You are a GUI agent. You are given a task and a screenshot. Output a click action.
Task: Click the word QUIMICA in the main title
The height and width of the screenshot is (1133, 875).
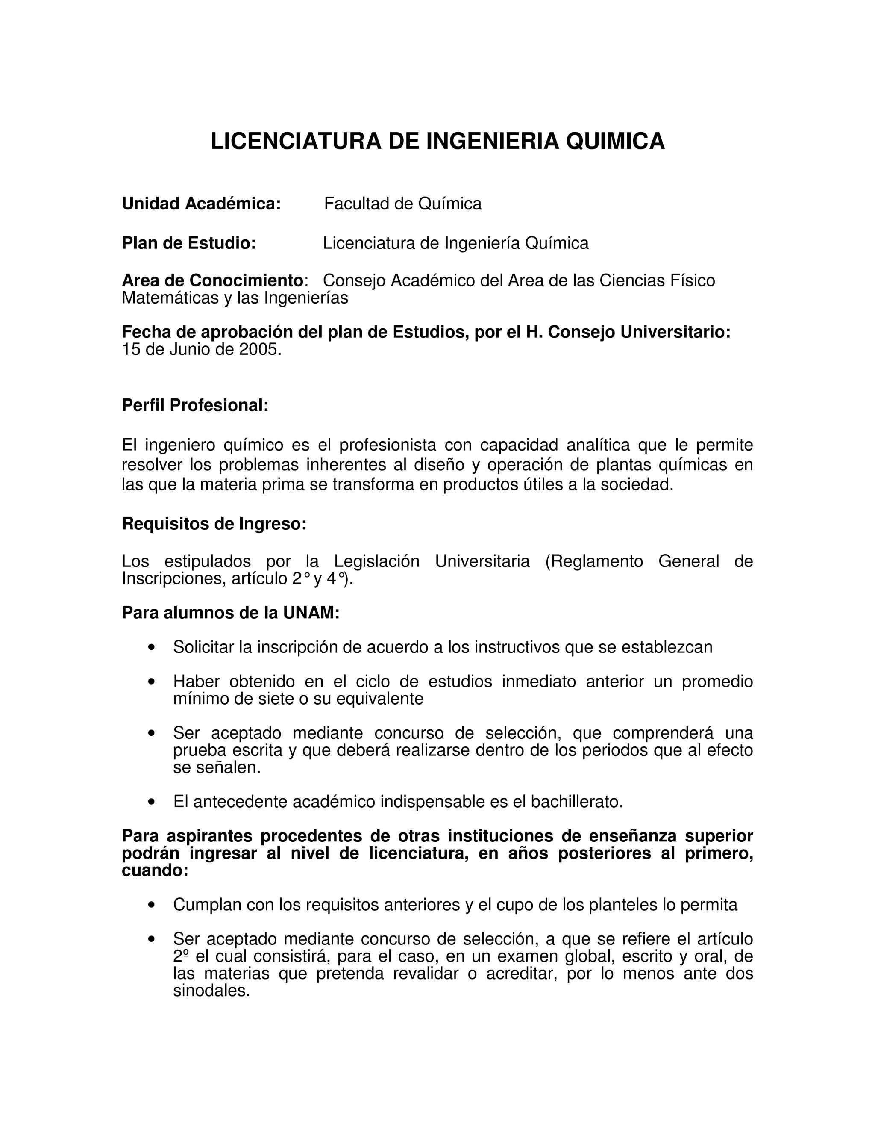[x=615, y=141]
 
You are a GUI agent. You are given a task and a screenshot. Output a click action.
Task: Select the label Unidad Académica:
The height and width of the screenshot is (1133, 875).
[x=201, y=204]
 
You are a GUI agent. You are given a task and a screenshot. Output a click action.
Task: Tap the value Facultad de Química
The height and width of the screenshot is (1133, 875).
[x=403, y=204]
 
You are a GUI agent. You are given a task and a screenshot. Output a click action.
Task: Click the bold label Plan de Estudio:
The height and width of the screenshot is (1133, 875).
[x=189, y=243]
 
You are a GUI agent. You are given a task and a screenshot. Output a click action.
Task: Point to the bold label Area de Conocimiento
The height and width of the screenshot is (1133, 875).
[x=212, y=280]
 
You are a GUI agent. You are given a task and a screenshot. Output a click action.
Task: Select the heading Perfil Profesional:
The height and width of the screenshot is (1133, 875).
[x=195, y=405]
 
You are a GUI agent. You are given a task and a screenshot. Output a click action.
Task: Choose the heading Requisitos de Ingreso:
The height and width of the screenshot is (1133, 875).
[x=214, y=524]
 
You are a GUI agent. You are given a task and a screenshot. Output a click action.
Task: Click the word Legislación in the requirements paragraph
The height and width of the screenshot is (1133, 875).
[x=376, y=561]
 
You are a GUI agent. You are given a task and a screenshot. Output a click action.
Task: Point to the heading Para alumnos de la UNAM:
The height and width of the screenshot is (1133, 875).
[x=230, y=613]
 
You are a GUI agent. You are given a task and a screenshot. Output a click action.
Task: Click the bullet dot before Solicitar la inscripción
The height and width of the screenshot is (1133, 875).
[x=151, y=647]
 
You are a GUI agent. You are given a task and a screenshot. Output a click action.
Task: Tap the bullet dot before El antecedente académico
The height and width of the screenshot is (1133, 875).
[x=151, y=802]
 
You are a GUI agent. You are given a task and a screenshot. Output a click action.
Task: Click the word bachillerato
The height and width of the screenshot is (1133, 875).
[x=576, y=802]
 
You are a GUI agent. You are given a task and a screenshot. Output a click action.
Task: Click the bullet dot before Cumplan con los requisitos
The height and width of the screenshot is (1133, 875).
[x=151, y=905]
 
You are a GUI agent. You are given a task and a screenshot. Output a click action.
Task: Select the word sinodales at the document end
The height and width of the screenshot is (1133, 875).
[x=211, y=991]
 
